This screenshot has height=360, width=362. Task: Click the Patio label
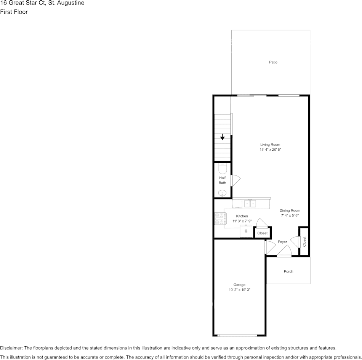(x=273, y=62)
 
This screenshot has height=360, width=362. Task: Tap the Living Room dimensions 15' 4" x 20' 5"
(x=270, y=150)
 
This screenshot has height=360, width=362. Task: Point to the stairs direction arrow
(x=222, y=137)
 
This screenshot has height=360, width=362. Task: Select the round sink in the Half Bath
(x=222, y=193)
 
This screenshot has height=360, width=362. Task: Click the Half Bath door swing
(x=235, y=180)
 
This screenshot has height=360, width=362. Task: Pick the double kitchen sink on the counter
(x=250, y=204)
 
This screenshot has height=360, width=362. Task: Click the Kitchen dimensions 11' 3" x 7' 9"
(x=242, y=221)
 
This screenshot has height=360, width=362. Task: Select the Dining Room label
(x=290, y=210)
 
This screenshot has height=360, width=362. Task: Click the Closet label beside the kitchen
(x=262, y=233)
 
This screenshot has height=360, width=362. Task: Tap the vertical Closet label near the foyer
(x=304, y=242)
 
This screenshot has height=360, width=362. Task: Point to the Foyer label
(x=282, y=242)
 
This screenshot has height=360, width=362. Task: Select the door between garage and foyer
(x=270, y=247)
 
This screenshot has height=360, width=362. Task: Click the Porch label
(x=288, y=272)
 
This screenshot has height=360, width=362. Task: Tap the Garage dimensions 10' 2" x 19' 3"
(x=239, y=290)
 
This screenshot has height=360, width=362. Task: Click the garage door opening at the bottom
(x=237, y=335)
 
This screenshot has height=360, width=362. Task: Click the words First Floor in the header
(x=14, y=12)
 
